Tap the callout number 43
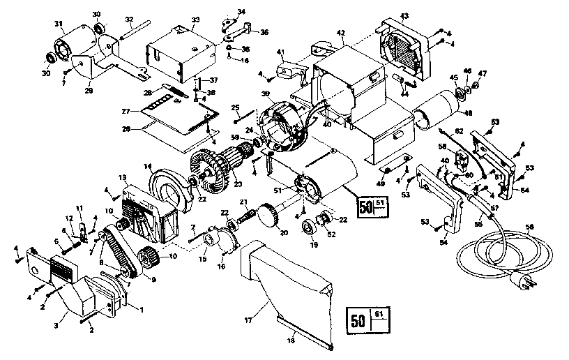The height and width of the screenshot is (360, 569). (x=404, y=15)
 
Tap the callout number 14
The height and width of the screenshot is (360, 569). (x=148, y=167)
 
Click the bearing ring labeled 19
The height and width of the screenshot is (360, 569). (x=307, y=227)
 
